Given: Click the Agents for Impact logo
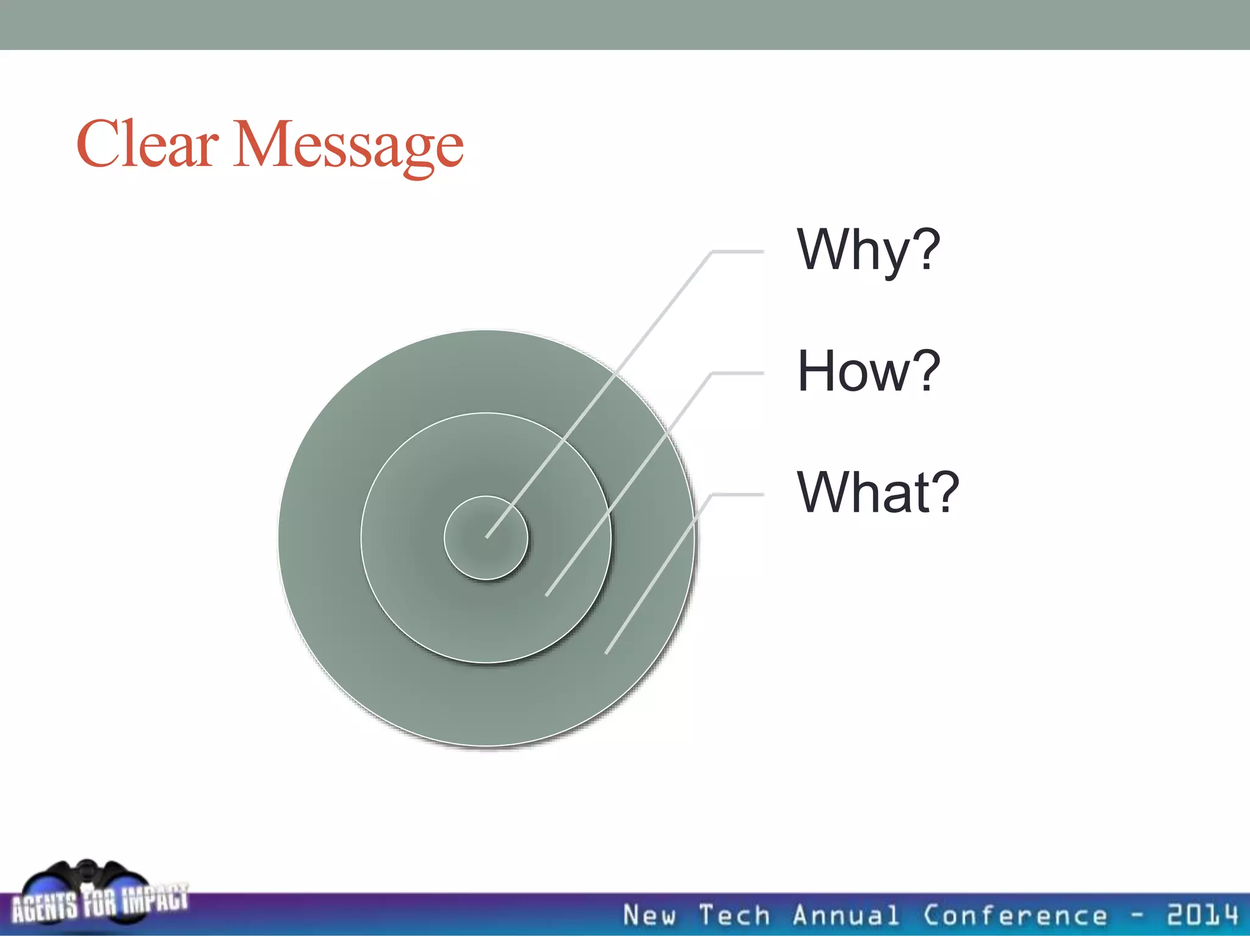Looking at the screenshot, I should coord(98,897).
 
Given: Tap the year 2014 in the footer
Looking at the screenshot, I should coord(1202,915).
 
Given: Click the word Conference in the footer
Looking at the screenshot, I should coord(1014,916).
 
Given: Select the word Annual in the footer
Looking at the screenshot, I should coord(845,916).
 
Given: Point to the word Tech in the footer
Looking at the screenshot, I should coord(734,916).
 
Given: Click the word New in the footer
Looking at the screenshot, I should coord(649,916).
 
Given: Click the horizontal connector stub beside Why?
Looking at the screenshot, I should coord(739,251).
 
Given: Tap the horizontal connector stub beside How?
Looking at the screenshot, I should coord(739,373).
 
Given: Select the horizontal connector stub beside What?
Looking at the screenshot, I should coord(739,494).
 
